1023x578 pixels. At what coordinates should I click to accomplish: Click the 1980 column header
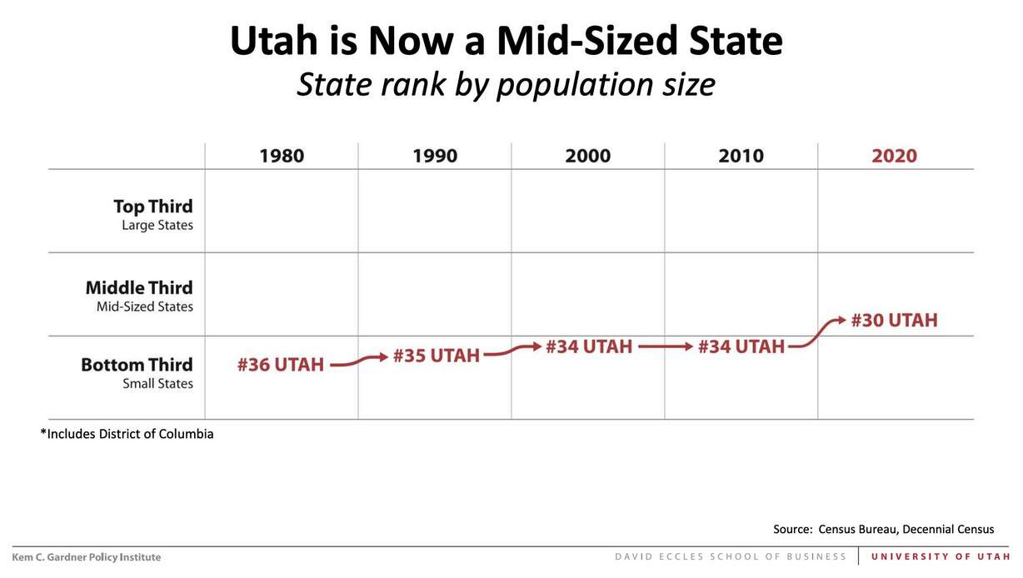point(282,156)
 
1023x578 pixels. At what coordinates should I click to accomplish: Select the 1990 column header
point(435,156)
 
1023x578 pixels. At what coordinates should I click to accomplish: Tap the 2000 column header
point(587,156)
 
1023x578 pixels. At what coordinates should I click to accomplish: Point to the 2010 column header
point(741,156)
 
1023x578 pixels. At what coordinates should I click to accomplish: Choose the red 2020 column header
point(894,156)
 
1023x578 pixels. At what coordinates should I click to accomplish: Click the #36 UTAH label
point(280,365)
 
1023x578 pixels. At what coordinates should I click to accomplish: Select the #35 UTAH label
point(436,356)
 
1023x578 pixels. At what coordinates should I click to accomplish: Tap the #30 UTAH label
point(894,321)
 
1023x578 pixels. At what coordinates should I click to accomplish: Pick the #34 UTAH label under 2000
point(589,346)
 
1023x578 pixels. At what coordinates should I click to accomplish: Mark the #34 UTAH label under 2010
point(741,346)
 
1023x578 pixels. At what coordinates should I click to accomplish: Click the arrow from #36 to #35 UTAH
point(359,361)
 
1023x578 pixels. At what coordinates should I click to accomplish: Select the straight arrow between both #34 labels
point(665,346)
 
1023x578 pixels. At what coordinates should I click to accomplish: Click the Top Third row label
point(152,214)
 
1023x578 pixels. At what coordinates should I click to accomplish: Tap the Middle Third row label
point(138,296)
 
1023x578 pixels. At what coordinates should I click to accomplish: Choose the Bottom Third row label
point(137,372)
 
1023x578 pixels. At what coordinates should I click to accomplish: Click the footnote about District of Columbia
point(127,434)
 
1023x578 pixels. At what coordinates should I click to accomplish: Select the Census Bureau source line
point(883,529)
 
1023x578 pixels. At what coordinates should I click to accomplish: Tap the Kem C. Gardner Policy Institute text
point(87,557)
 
